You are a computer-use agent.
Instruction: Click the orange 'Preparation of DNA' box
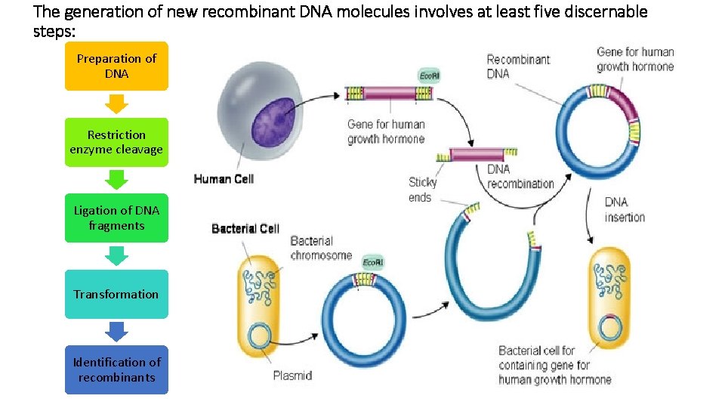coord(116,66)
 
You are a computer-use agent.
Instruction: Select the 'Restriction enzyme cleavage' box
coord(116,142)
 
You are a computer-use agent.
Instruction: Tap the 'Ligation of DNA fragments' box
coord(116,218)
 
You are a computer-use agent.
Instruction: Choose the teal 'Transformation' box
coord(116,294)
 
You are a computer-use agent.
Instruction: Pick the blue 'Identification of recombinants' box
coord(116,369)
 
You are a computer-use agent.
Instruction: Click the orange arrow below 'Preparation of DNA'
coord(116,104)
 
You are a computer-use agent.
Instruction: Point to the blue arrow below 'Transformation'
coord(116,331)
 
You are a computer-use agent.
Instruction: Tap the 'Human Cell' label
coord(224,179)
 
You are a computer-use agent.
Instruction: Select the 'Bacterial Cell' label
coord(245,228)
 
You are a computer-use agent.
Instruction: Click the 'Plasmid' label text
coord(292,376)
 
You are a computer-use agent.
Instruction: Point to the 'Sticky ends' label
coord(422,190)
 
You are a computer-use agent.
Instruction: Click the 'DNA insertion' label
coord(625,209)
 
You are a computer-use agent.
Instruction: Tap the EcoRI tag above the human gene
coord(429,76)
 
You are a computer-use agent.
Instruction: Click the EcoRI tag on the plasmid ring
coord(372,262)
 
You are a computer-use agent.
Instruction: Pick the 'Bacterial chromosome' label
coord(321,248)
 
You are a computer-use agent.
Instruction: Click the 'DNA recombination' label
coord(520,176)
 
